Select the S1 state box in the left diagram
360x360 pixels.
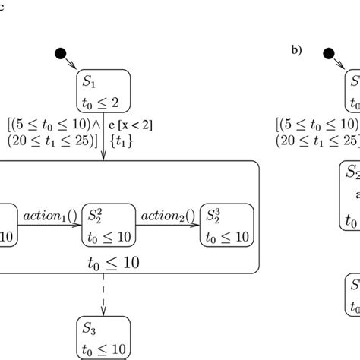click(103, 90)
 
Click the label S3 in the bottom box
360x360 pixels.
click(90, 330)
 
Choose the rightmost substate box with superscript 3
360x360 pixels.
click(226, 226)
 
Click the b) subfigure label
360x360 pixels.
click(297, 50)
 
